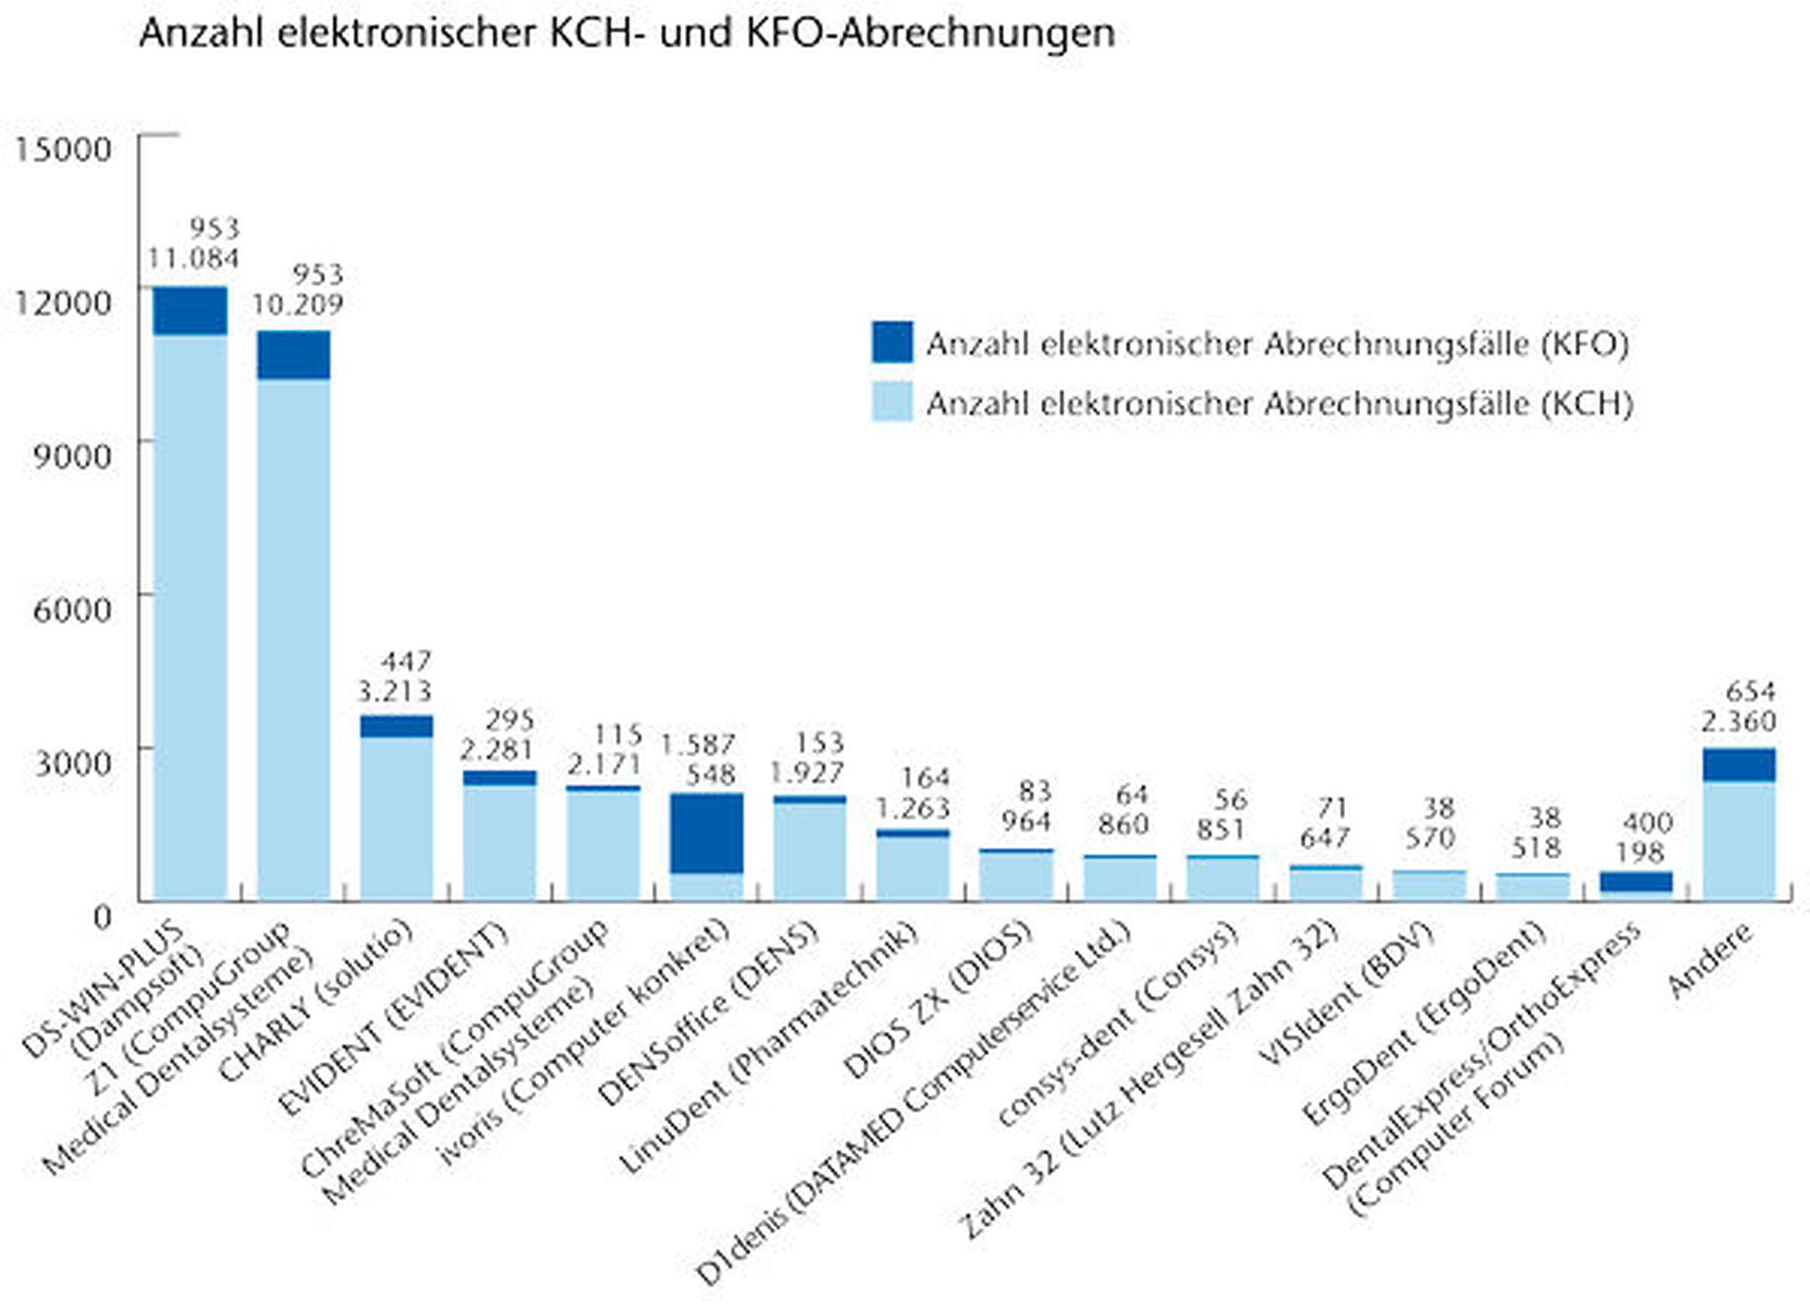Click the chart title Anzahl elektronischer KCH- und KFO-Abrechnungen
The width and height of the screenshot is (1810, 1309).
[627, 34]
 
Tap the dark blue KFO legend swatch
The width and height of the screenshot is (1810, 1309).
[892, 342]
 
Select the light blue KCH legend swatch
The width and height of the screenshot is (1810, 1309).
[892, 402]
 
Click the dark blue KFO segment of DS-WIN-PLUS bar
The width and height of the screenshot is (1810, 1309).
[191, 311]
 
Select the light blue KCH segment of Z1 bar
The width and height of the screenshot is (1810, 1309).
[293, 638]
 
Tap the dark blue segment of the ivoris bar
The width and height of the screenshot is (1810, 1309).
[707, 833]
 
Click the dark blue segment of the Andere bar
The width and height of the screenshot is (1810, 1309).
[1739, 765]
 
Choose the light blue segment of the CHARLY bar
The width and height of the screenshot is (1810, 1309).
[396, 817]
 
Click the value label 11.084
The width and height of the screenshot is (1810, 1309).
[193, 258]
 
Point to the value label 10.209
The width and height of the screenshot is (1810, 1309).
[296, 304]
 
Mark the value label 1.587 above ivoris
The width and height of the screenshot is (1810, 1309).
[697, 744]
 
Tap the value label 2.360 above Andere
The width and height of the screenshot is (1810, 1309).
[1739, 721]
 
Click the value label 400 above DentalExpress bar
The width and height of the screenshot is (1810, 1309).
[1647, 822]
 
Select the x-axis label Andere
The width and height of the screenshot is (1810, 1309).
[1710, 960]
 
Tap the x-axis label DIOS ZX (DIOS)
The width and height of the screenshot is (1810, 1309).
[938, 1000]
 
